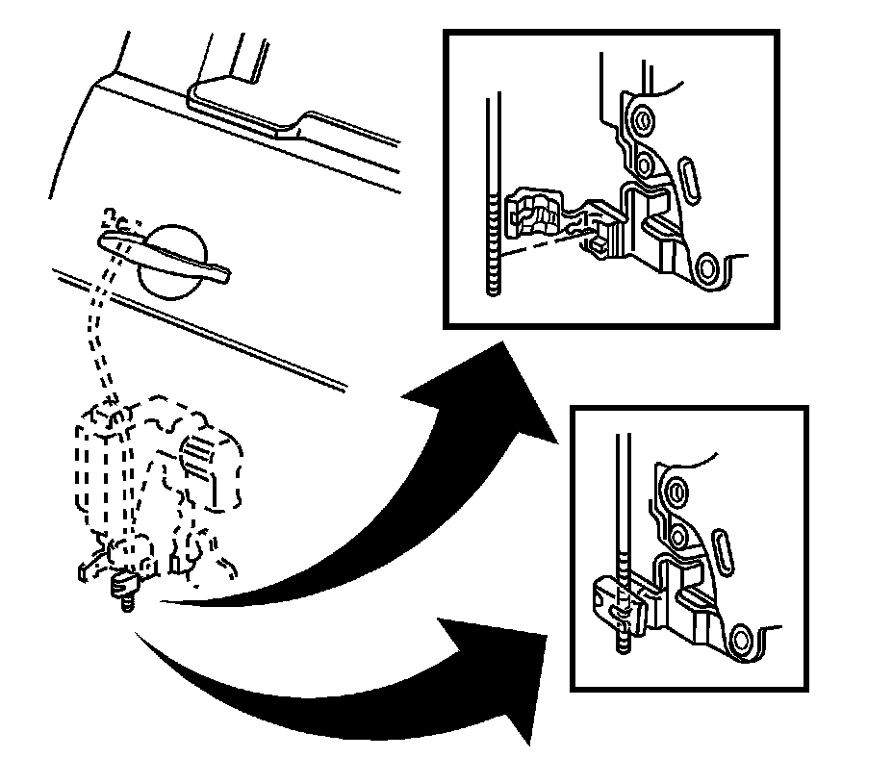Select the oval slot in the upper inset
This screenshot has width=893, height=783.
pos(690,180)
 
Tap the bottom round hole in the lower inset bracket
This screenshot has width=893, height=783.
pos(741,637)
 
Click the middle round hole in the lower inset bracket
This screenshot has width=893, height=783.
pos(676,536)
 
